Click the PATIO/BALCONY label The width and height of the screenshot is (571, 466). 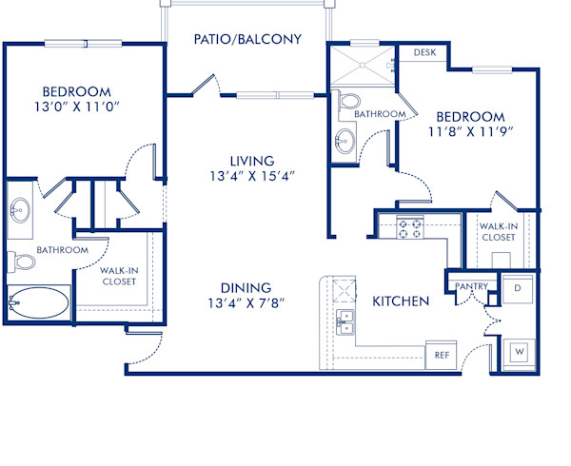click(247, 39)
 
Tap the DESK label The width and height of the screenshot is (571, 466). click(425, 52)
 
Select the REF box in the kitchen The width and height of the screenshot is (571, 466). click(442, 355)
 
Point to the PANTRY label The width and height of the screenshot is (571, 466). click(472, 286)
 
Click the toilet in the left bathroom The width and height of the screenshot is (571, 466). click(20, 260)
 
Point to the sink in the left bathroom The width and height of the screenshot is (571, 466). click(20, 207)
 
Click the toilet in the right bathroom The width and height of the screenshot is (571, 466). click(349, 100)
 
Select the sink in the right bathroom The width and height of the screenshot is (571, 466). click(344, 142)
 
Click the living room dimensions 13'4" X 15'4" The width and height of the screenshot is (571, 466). click(251, 176)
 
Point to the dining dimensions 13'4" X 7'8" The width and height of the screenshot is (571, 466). click(246, 303)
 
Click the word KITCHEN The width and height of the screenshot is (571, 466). click(400, 301)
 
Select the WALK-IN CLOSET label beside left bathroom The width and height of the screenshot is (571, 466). click(120, 276)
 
